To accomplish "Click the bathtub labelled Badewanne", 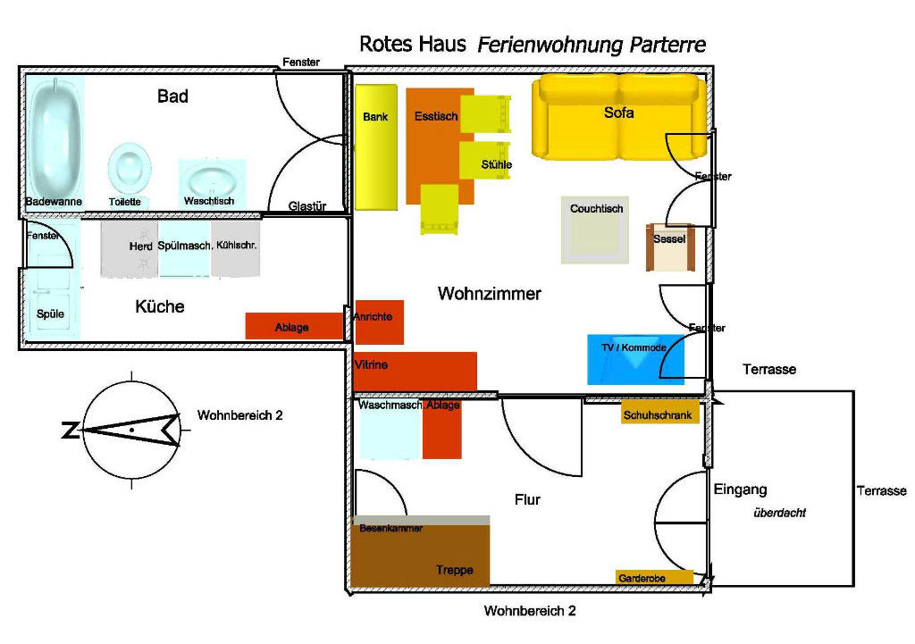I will [x=55, y=134].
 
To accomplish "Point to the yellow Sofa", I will [x=617, y=116].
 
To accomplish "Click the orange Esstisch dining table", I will [x=438, y=143].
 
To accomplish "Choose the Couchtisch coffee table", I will [x=596, y=230].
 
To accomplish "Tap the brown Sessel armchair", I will [x=669, y=247].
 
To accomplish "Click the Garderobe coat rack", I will [x=653, y=578].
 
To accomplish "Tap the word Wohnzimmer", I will [x=489, y=294].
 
